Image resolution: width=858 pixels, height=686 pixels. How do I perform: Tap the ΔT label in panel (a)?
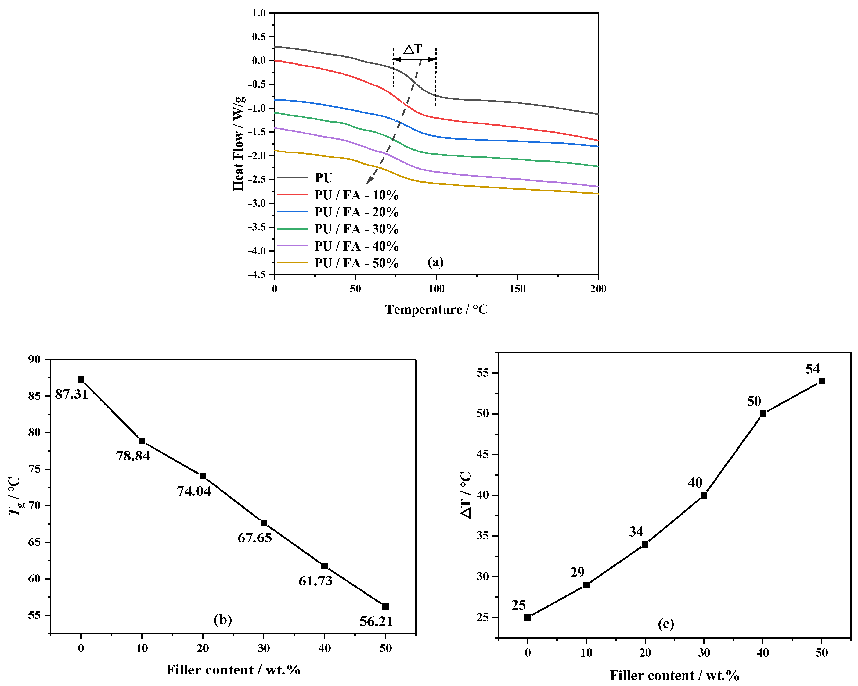pos(413,49)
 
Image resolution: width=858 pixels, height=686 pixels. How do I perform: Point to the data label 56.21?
pos(376,621)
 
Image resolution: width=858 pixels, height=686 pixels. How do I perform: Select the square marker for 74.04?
pos(203,476)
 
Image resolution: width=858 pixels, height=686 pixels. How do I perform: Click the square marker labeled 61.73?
pos(325,566)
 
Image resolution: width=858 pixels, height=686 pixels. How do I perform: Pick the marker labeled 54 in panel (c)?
pos(821,381)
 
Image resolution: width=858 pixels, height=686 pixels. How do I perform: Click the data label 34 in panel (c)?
pos(636,531)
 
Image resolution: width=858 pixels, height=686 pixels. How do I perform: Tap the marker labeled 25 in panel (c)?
pos(528,617)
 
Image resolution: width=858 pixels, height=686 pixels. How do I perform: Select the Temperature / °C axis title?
pos(436,309)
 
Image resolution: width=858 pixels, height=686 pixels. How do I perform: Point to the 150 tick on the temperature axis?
pos(517,289)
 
